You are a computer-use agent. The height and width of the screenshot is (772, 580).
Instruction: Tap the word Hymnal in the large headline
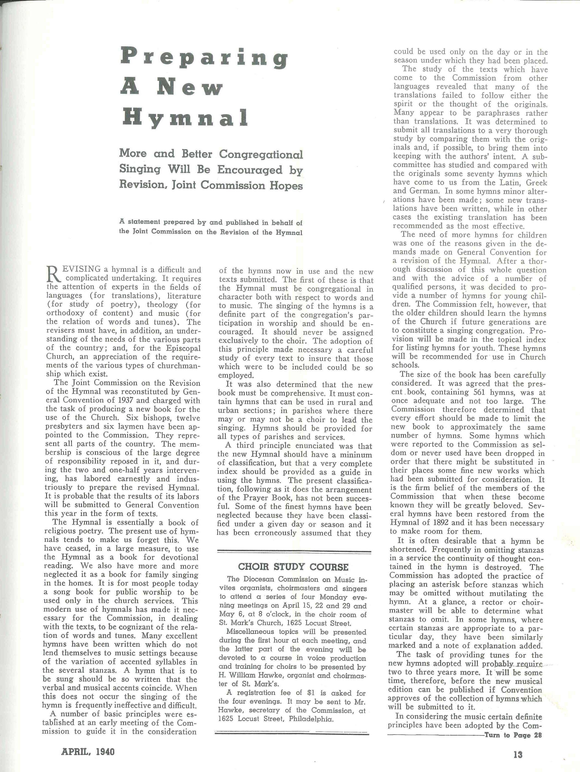[185, 118]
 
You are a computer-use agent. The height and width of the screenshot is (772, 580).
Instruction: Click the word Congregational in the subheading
[261, 154]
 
